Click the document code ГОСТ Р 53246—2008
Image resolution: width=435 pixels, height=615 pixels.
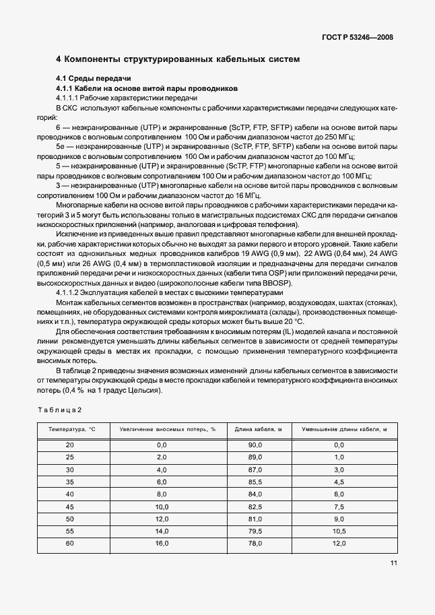click(x=354, y=37)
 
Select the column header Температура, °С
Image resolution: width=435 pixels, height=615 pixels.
click(x=72, y=429)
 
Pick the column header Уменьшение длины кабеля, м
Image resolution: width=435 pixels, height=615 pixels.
click(x=339, y=429)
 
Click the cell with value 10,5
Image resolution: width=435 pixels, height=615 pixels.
click(x=339, y=531)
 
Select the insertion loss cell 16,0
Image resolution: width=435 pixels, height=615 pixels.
click(x=162, y=543)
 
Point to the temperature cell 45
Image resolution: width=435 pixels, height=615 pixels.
click(x=71, y=506)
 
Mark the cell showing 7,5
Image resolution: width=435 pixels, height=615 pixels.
click(x=339, y=506)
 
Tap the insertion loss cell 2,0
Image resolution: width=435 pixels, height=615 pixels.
click(x=162, y=457)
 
